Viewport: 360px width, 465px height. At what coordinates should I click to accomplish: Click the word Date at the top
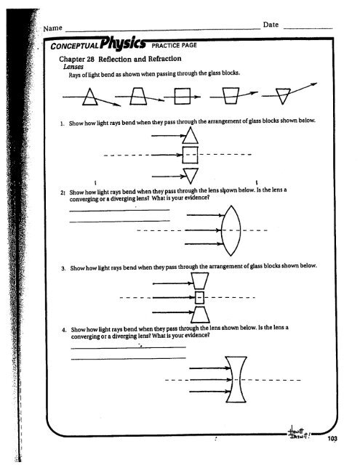pyautogui.click(x=271, y=25)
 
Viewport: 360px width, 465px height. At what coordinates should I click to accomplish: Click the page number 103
pyautogui.click(x=334, y=438)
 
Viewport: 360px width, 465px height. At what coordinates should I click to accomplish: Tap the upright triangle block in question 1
pyautogui.click(x=188, y=136)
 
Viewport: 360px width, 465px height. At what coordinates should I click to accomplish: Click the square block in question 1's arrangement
pyautogui.click(x=188, y=155)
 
